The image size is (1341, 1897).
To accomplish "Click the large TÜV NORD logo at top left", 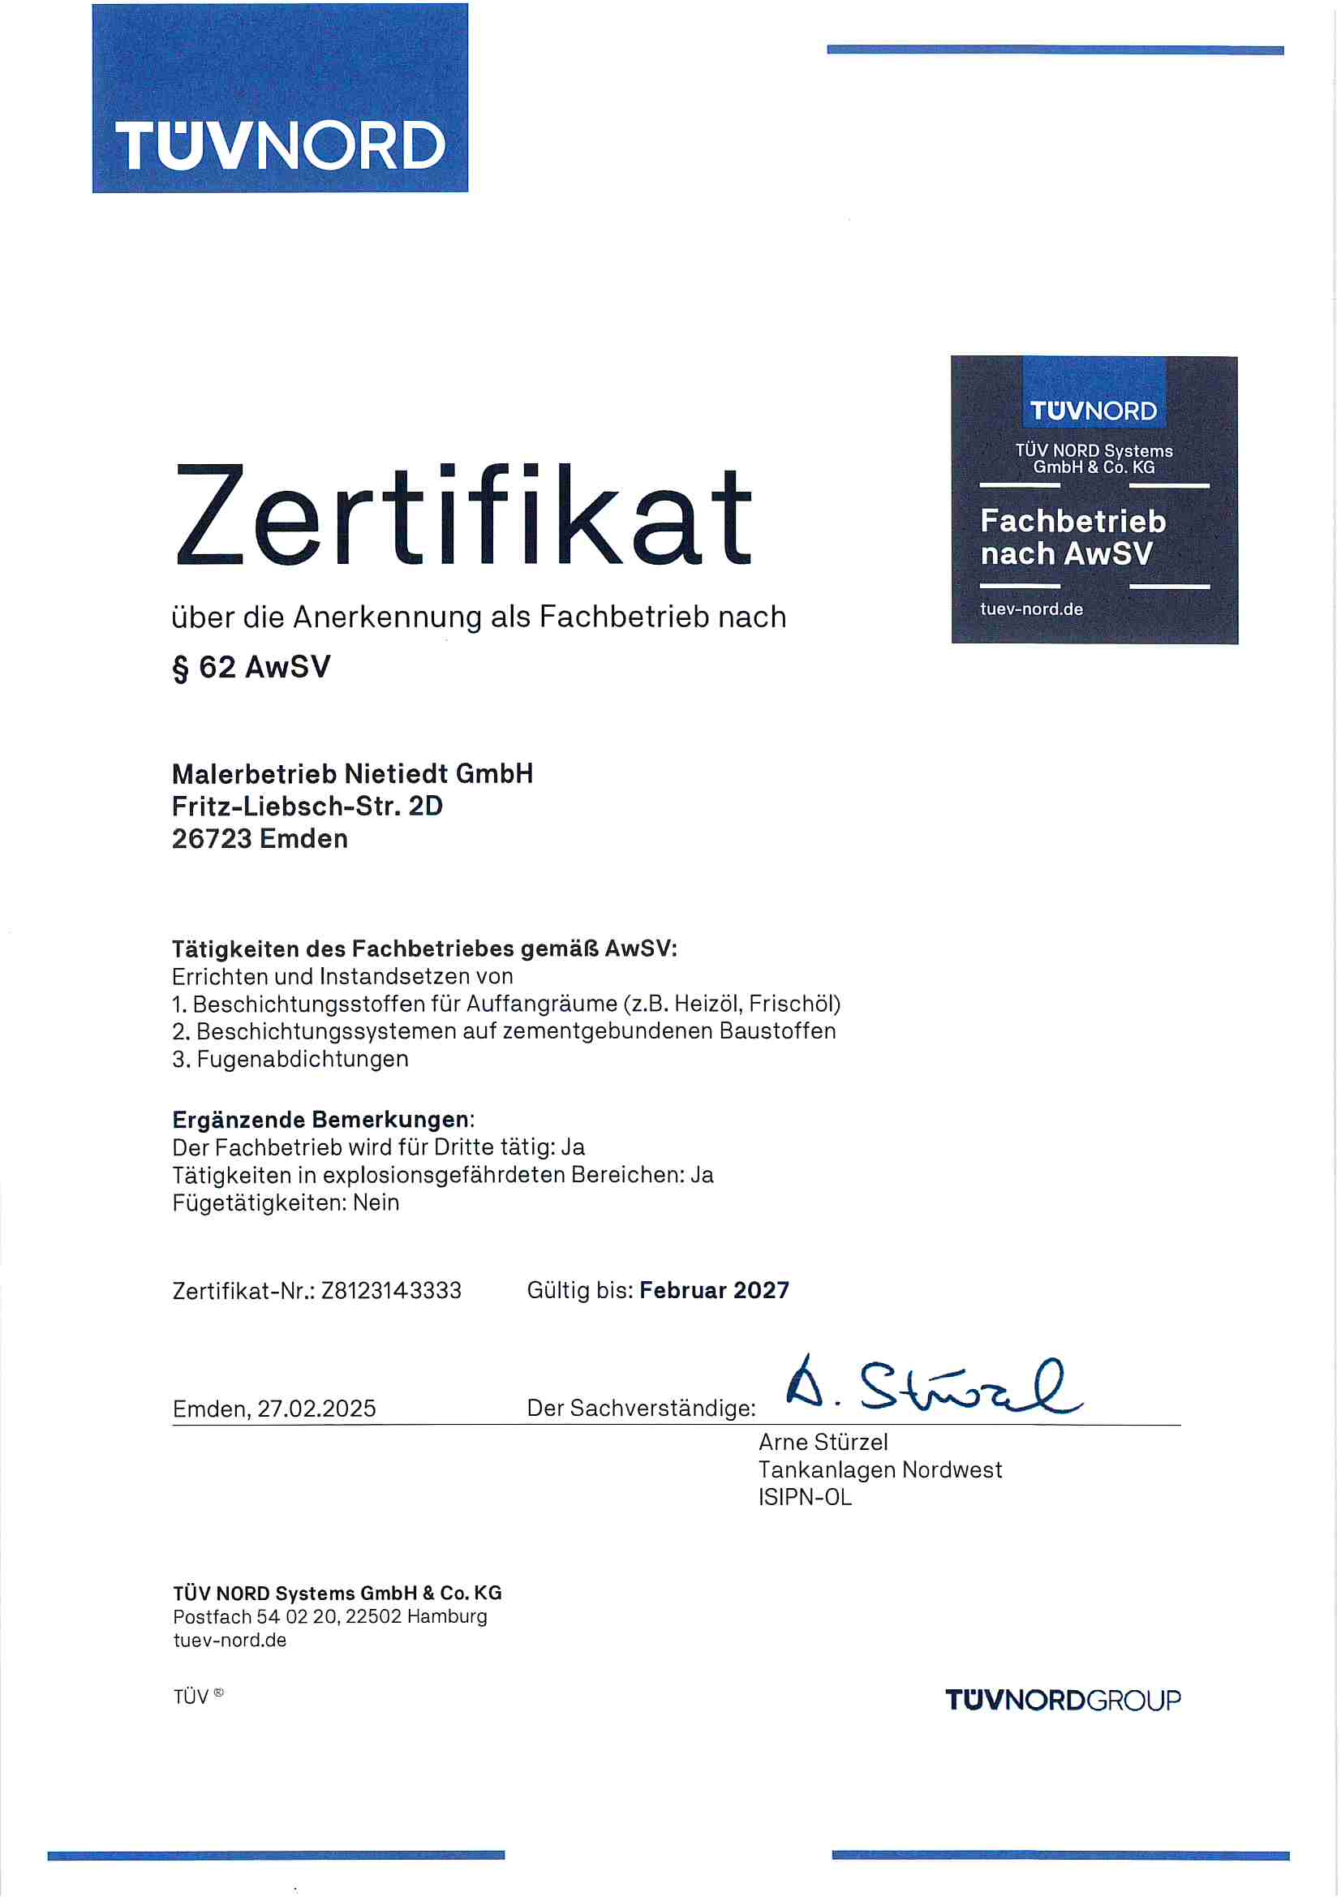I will click(280, 99).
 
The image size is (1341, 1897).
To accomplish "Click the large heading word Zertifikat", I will click(462, 516).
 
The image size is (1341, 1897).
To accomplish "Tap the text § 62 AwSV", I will click(251, 667).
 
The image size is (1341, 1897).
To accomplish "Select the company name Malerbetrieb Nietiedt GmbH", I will click(352, 774).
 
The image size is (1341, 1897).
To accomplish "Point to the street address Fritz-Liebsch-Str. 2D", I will click(307, 807).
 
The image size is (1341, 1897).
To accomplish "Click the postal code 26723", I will click(212, 840).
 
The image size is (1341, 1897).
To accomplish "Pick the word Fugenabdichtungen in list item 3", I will click(303, 1059).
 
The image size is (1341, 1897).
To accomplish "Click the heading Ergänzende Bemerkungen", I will click(320, 1120).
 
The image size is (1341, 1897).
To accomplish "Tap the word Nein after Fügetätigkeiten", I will click(376, 1203).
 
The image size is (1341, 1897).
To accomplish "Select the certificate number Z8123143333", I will click(391, 1291).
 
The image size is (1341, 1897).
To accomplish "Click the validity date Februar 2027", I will click(714, 1291).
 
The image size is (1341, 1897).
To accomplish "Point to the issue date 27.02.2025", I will click(316, 1409).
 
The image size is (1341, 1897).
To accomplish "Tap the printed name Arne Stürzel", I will click(823, 1443).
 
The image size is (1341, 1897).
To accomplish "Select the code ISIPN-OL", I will click(805, 1498).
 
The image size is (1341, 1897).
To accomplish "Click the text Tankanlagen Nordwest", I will click(880, 1471).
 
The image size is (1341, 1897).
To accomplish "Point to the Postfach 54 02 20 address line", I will click(329, 1617).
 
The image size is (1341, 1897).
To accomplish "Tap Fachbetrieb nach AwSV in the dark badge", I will click(1072, 537).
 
